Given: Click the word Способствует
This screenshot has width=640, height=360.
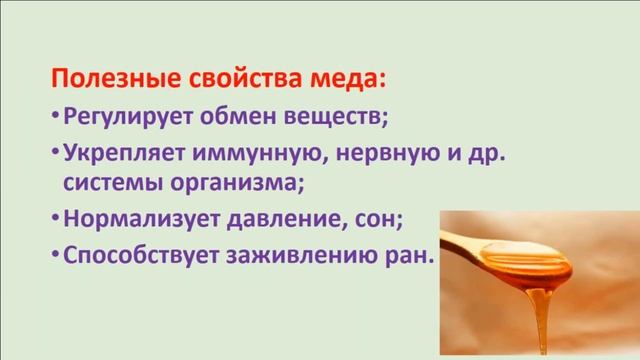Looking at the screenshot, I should point(133,254).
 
